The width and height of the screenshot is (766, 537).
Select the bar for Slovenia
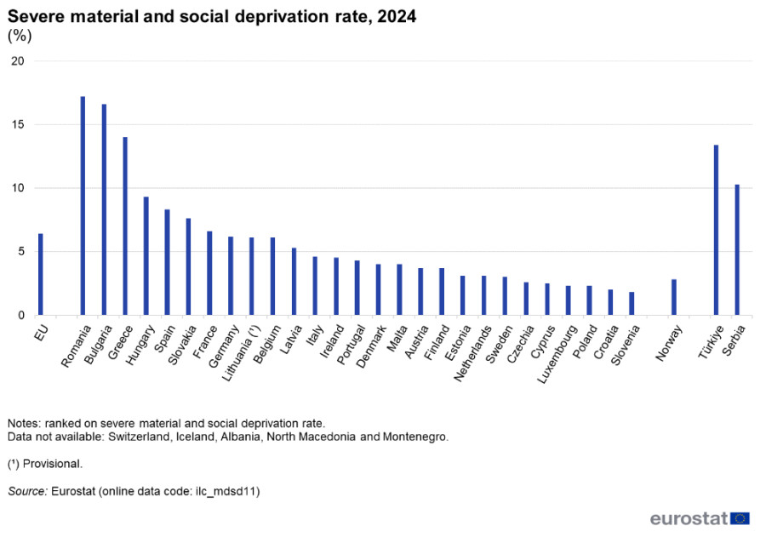(632, 304)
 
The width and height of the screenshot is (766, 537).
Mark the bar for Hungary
(146, 256)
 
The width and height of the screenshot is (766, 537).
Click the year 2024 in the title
(393, 16)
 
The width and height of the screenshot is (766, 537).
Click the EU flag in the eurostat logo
(740, 518)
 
